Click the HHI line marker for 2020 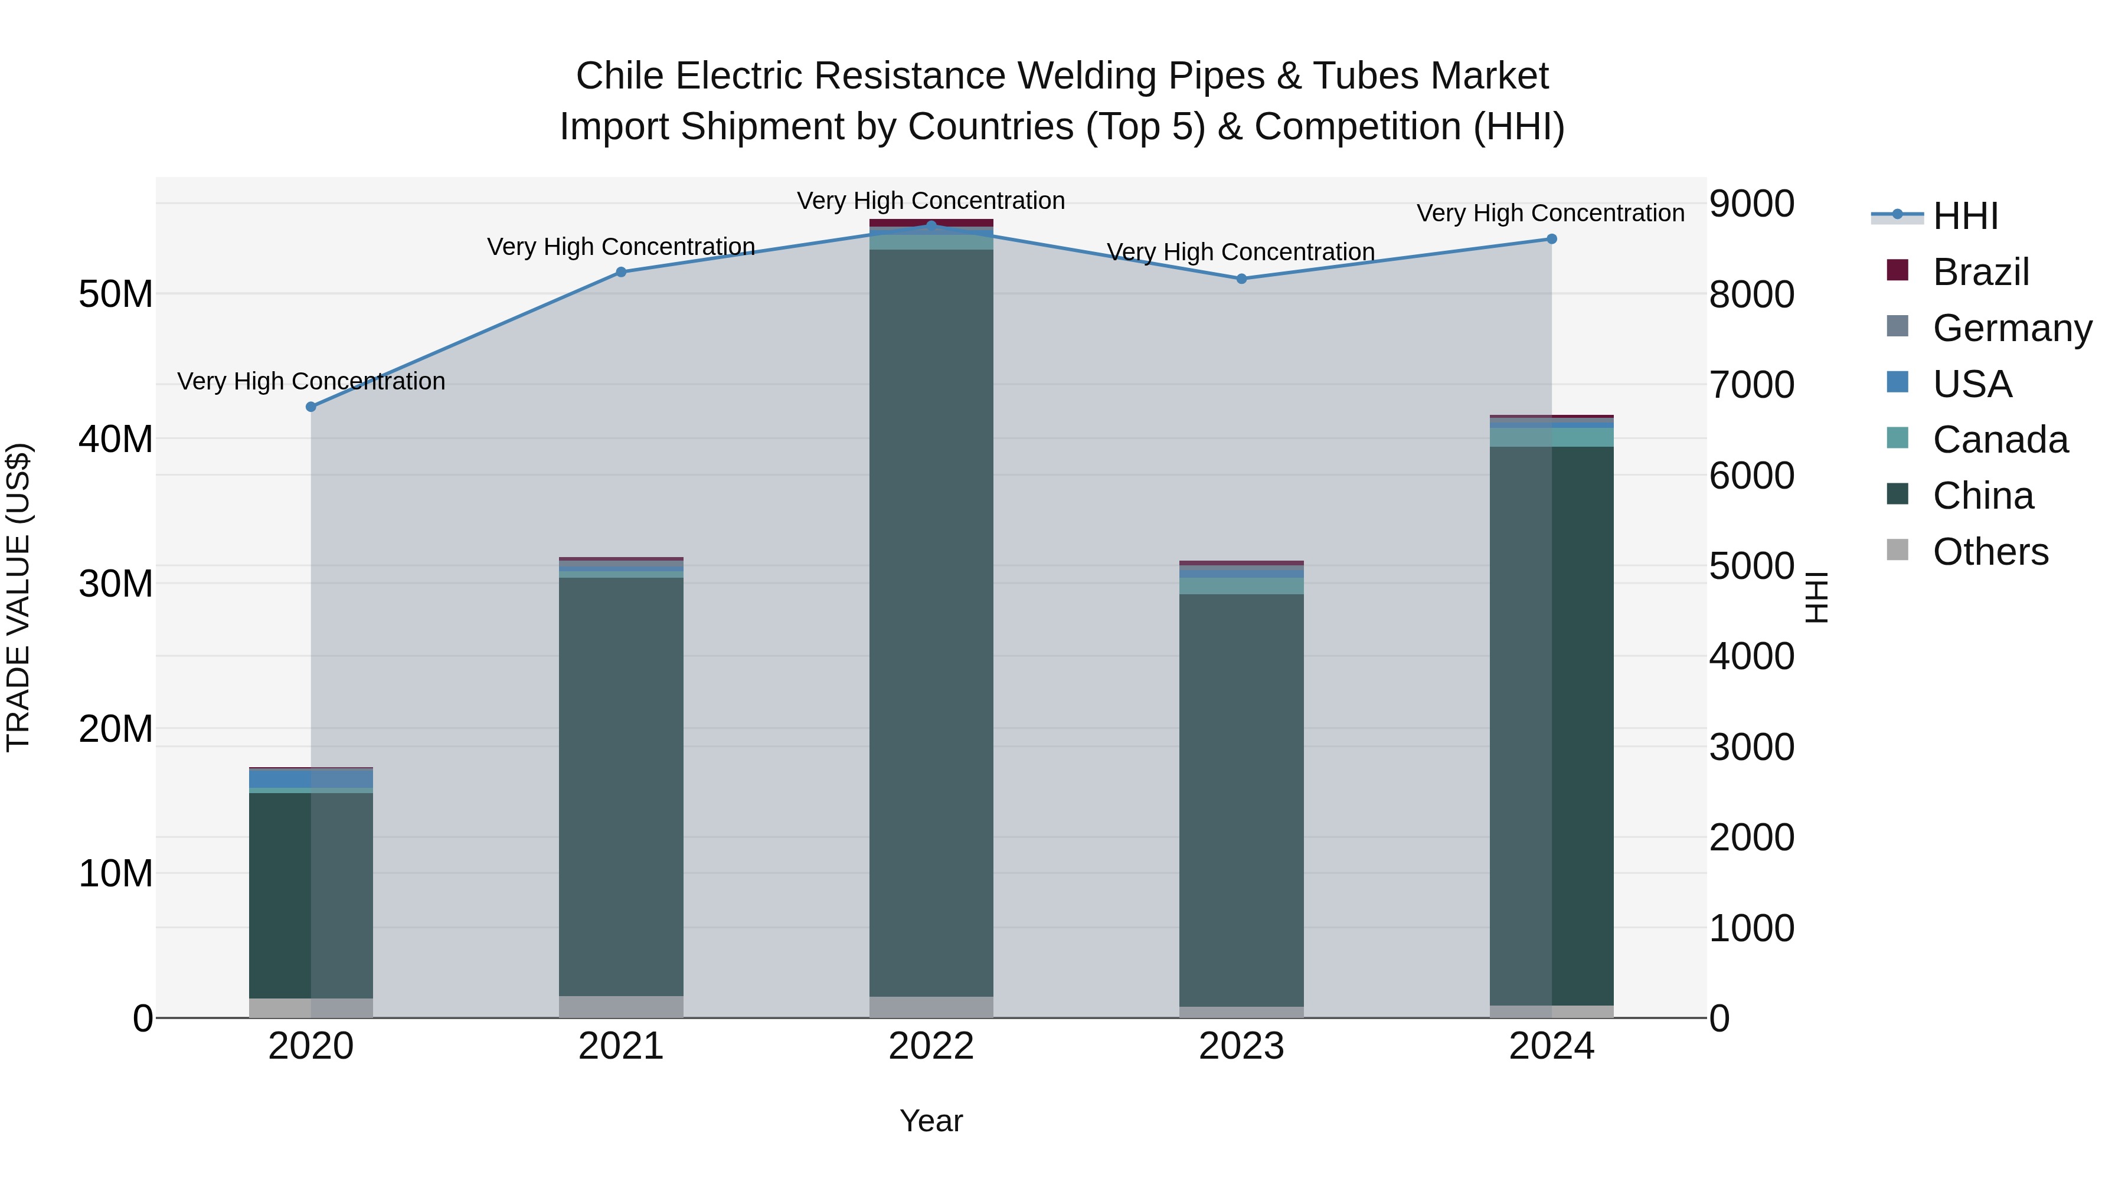pos(311,407)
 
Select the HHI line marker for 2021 pos(621,272)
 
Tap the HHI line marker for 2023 pos(1241,279)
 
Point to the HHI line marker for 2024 pos(1552,239)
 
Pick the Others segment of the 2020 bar pos(311,1008)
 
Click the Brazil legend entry pos(1980,272)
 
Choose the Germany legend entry pos(2011,328)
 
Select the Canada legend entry pos(2000,440)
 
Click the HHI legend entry pos(1965,216)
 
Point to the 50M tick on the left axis pos(116,294)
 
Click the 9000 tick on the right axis pos(1751,204)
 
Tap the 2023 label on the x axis pos(1241,1046)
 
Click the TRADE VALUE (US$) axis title pos(18,597)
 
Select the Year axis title pos(931,1121)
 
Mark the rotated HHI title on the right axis pos(1817,597)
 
